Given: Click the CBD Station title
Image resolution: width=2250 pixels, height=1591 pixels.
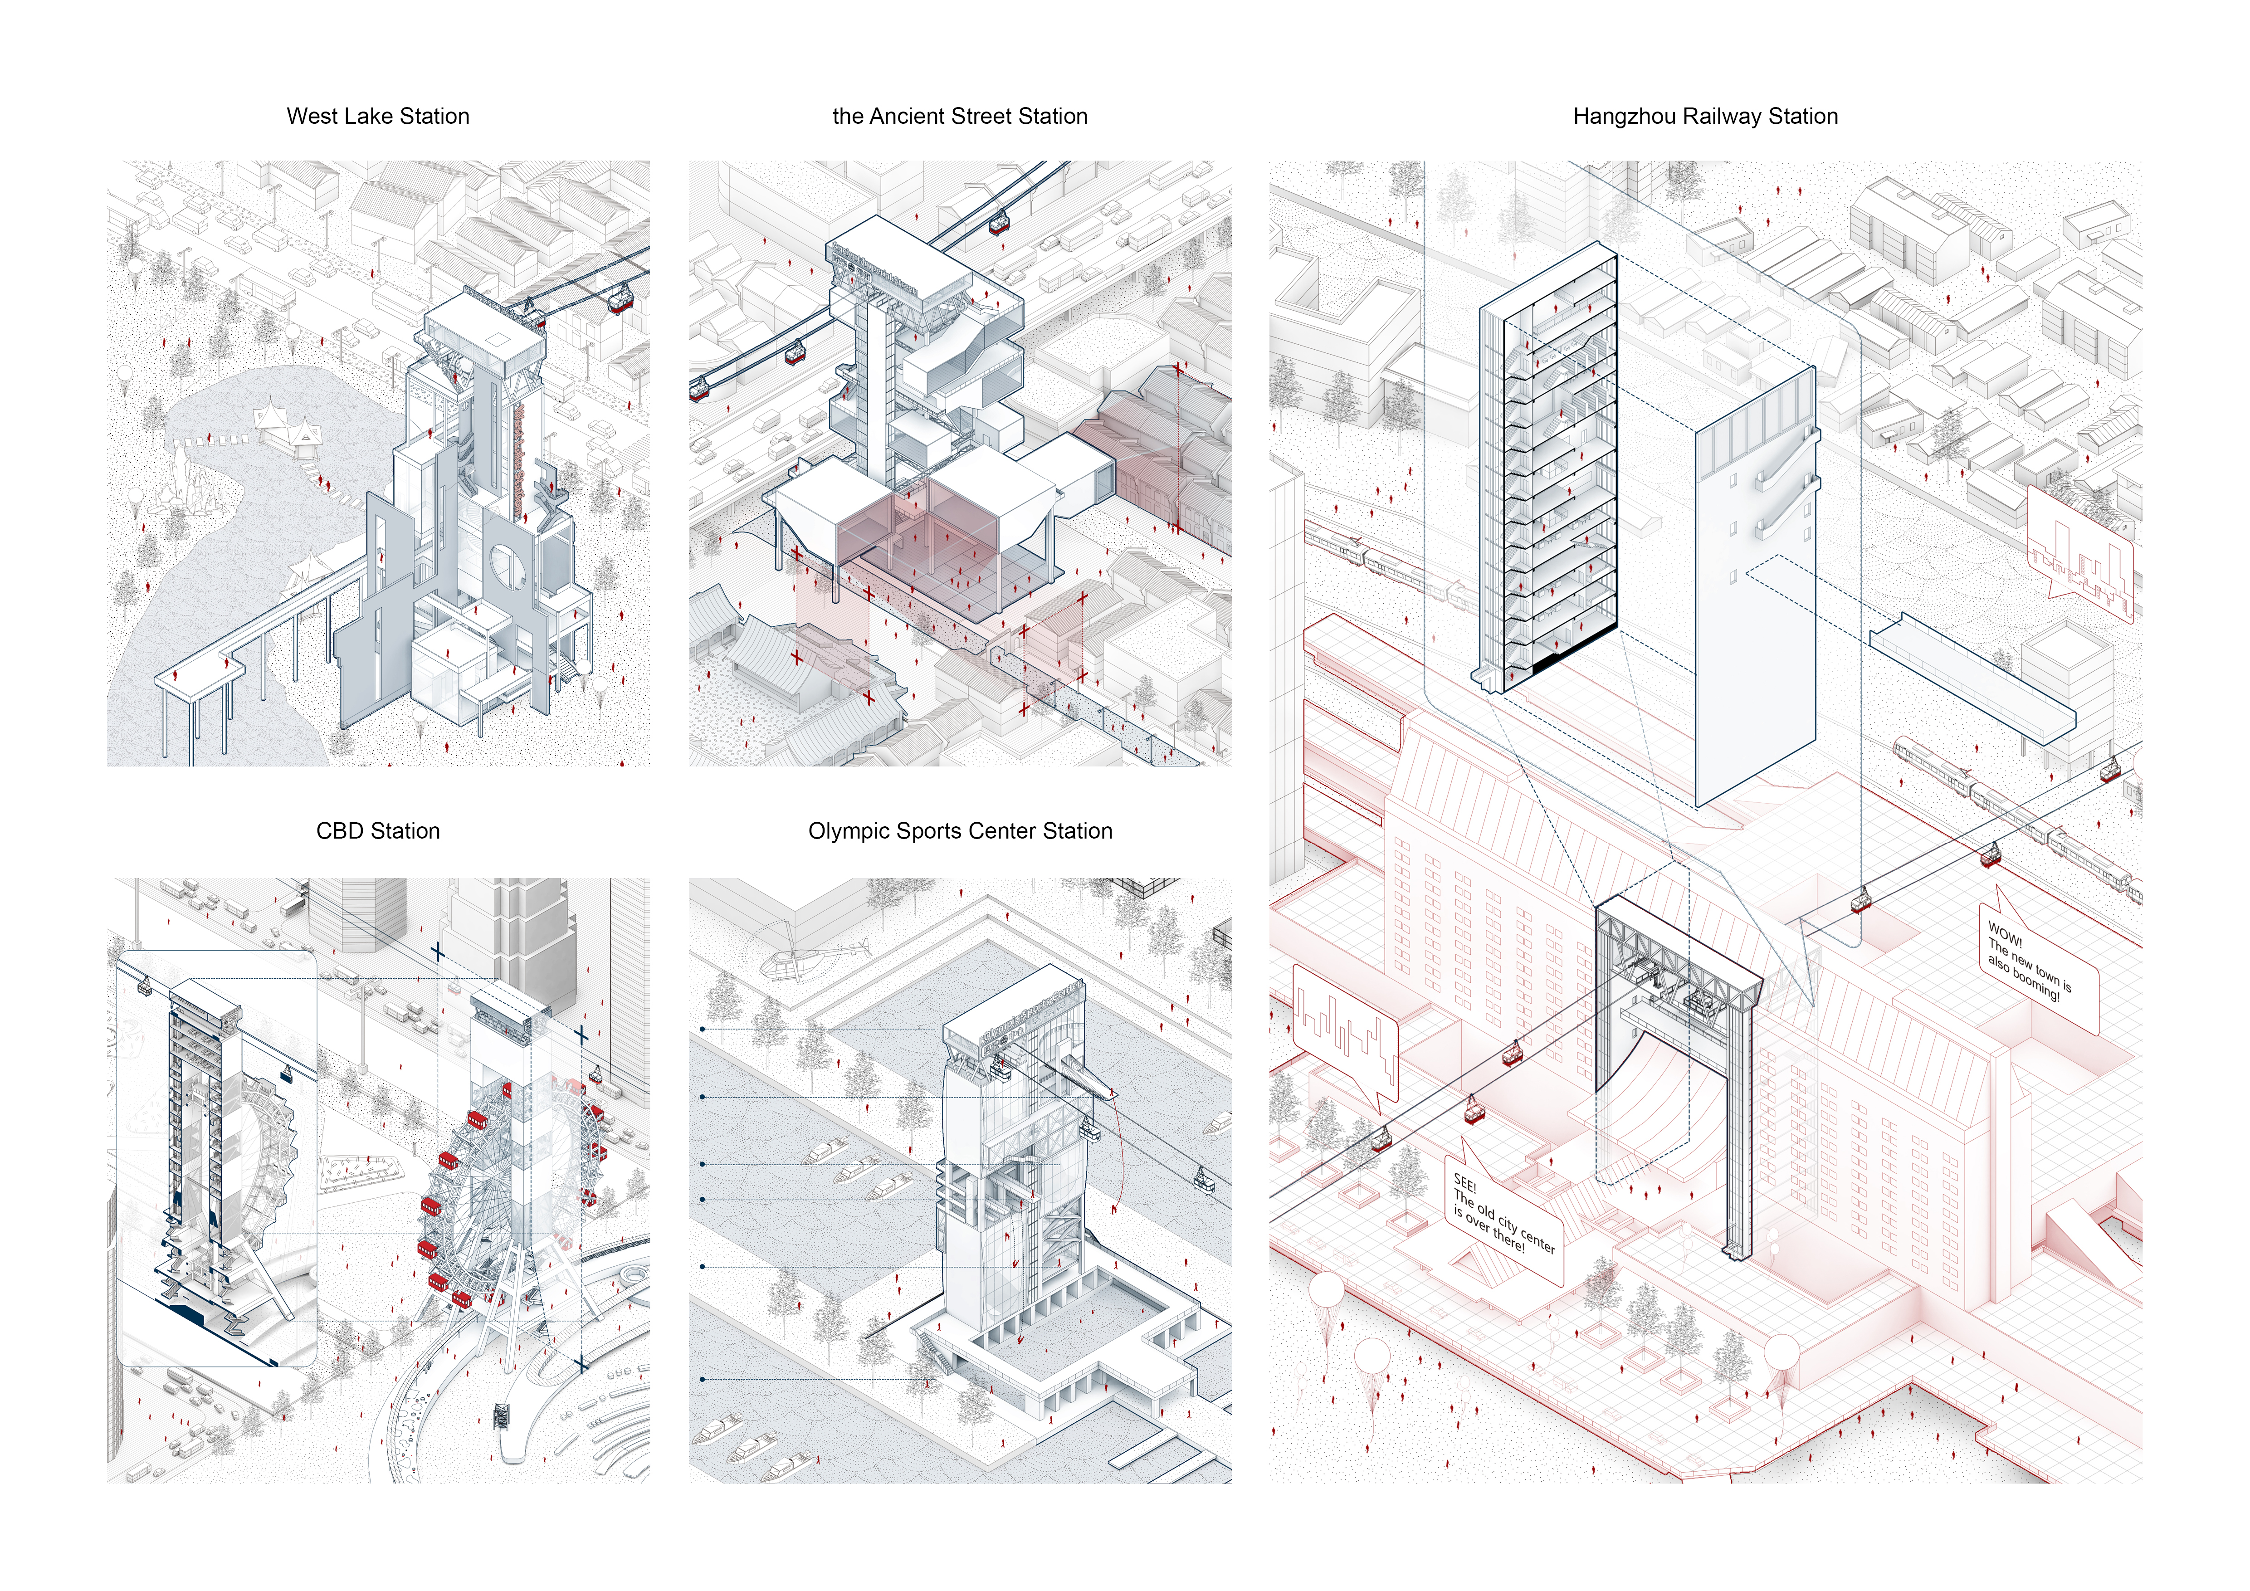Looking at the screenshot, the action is coord(377,831).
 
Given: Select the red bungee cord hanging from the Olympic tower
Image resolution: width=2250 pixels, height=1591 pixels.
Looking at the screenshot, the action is coord(1117,1156).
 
